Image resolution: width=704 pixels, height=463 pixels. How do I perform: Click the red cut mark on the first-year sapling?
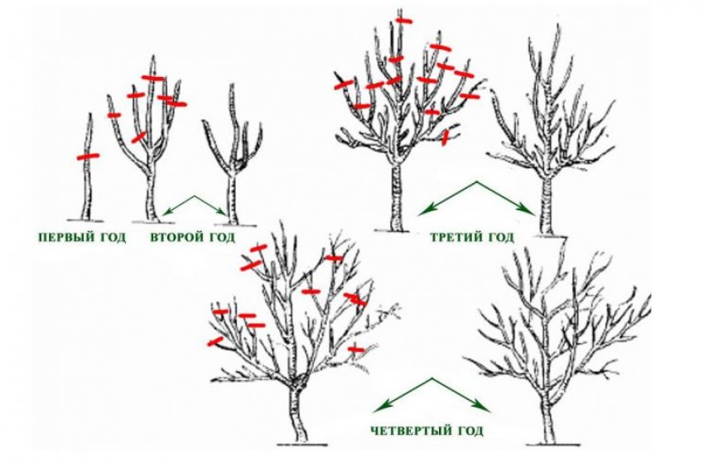tap(88, 157)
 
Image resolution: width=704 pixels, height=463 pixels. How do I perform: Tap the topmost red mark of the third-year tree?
tap(404, 20)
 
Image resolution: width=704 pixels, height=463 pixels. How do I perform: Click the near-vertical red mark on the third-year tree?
tap(445, 137)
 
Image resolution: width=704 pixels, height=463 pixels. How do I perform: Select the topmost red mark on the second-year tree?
tap(153, 78)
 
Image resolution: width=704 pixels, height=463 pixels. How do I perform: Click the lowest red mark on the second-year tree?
tap(138, 137)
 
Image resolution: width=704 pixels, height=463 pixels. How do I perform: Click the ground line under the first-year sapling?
tap(85, 220)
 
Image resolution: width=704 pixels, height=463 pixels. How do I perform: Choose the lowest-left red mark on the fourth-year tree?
tap(215, 341)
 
